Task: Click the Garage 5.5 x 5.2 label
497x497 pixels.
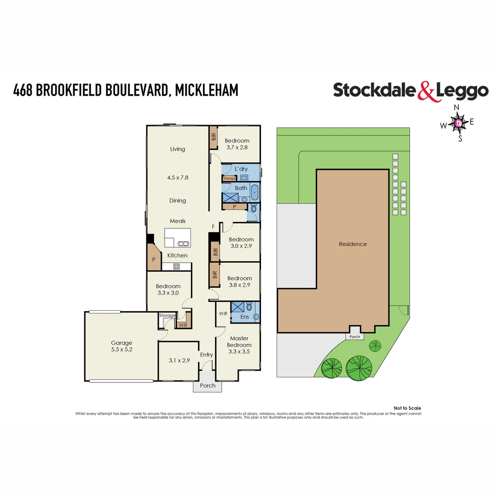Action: click(121, 346)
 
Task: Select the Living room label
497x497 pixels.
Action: click(178, 149)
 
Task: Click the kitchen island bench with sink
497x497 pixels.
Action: click(177, 239)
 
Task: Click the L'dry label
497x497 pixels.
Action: click(241, 169)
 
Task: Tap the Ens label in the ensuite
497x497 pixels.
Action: click(245, 317)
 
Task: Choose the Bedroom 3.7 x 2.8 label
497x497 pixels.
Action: click(237, 144)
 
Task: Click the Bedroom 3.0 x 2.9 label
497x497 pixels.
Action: click(241, 243)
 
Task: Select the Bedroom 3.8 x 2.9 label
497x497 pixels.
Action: click(239, 282)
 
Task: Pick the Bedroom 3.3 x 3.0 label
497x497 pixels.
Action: click(168, 289)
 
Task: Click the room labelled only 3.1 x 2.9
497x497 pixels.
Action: click(179, 361)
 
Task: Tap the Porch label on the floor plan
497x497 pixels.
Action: click(208, 386)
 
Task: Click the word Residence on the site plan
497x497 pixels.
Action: click(353, 244)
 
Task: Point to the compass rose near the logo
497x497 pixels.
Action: click(459, 123)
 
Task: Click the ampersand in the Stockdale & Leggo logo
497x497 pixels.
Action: click(426, 91)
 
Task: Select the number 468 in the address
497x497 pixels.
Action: click(23, 90)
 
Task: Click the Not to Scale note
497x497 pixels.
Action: click(407, 408)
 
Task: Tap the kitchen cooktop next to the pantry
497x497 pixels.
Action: click(176, 266)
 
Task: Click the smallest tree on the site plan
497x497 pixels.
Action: click(376, 345)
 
